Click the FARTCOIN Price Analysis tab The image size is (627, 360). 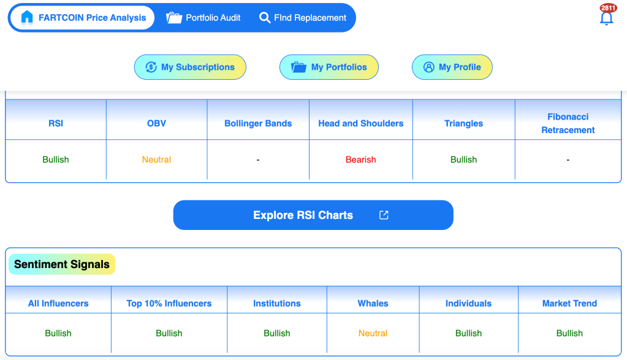tap(82, 18)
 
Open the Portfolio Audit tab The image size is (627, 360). tap(203, 18)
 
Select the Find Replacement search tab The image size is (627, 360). tap(303, 18)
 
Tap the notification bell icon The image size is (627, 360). tap(606, 18)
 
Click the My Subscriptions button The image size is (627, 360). tap(190, 67)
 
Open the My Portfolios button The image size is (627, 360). tap(329, 67)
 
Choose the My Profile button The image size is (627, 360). tap(452, 67)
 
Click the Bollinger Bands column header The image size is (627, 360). tap(258, 124)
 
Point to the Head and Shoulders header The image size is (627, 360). tap(360, 124)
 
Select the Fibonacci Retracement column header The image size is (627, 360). tap(568, 123)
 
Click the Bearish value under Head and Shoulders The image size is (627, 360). tap(360, 159)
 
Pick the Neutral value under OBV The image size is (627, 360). tap(156, 159)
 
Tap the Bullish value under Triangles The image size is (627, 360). tap(463, 159)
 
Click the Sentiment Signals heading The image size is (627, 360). tap(62, 264)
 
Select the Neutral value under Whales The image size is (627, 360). tap(373, 333)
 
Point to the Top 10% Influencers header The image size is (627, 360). tap(169, 304)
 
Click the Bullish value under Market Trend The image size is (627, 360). tap(569, 333)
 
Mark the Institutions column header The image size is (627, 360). tap(276, 304)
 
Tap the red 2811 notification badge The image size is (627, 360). tap(608, 8)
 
